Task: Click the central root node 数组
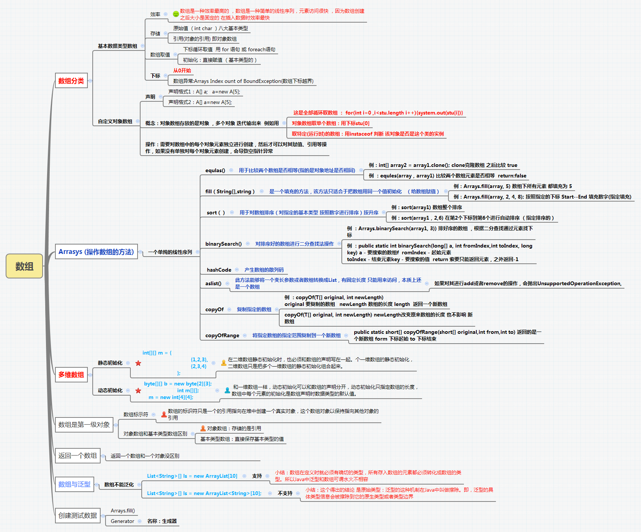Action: click(24, 266)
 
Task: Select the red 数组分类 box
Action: click(71, 81)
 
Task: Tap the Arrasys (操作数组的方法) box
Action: click(96, 252)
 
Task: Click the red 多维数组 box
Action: click(71, 375)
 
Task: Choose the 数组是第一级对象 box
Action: click(84, 425)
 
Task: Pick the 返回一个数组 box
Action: click(78, 456)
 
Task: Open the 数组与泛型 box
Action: click(74, 484)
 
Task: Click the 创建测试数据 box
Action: click(78, 515)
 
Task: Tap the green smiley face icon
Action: click(176, 14)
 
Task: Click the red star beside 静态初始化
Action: click(138, 363)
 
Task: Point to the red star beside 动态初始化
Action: click(138, 391)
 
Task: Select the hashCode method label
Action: click(219, 270)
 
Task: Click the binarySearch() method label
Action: click(223, 244)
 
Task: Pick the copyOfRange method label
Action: click(222, 335)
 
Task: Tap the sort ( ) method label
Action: click(216, 212)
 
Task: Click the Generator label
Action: click(122, 521)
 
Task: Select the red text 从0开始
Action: click(182, 70)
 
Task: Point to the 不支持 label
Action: click(285, 493)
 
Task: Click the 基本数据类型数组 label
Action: click(118, 46)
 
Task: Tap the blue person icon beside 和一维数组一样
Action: click(227, 390)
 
